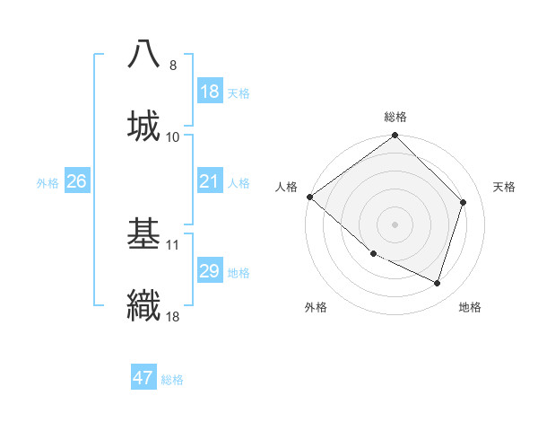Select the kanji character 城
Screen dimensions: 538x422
coord(144,125)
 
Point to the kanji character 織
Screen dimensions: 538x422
coord(144,304)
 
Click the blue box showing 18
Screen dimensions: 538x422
coord(209,92)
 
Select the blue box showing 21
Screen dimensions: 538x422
coord(209,181)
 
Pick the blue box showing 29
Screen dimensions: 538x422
coord(209,271)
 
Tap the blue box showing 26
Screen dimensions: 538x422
coord(76,181)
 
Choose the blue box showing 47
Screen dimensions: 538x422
coord(143,378)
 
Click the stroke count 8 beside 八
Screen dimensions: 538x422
coord(172,66)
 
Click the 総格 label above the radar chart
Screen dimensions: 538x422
coord(395,117)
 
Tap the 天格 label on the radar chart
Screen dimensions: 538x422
coord(504,187)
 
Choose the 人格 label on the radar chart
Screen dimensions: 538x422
coord(286,187)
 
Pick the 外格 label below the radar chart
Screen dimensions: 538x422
coord(316,308)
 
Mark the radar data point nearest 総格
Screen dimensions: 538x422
coord(395,136)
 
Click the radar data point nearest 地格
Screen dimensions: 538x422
coord(437,284)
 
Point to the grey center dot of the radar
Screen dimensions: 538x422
coord(395,224)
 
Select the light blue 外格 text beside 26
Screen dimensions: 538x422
coord(48,182)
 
